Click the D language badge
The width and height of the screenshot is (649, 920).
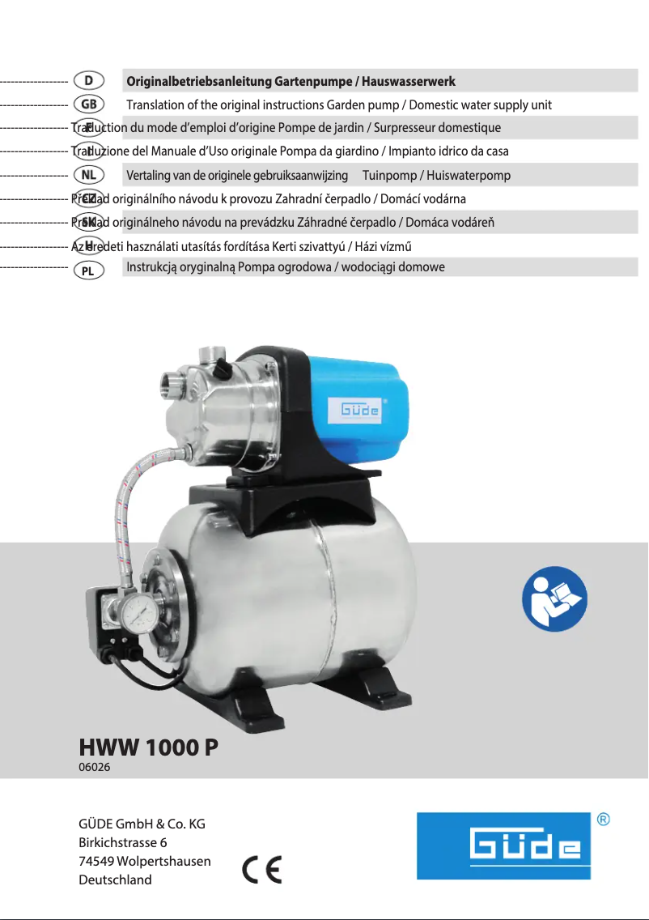(x=87, y=81)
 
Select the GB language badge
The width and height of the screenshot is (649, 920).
(x=87, y=104)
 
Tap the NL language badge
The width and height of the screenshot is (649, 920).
(x=87, y=175)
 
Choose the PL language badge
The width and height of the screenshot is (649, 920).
(x=87, y=270)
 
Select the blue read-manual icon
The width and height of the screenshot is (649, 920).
(x=554, y=599)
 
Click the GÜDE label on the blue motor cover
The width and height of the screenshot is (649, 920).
(x=354, y=410)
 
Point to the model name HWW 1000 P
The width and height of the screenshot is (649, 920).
(x=148, y=747)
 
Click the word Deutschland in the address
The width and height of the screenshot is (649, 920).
(x=115, y=880)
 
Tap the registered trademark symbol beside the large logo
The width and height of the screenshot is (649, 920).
(x=603, y=820)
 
